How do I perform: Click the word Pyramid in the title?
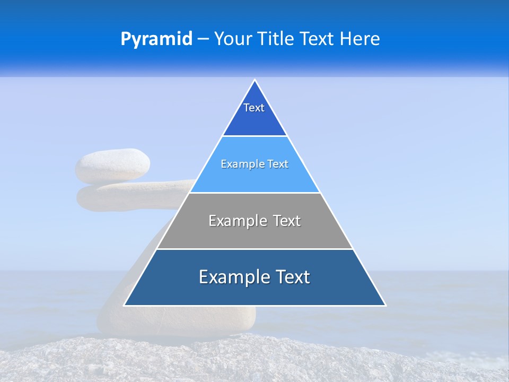pos(156,39)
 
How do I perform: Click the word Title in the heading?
pos(277,39)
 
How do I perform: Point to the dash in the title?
pos(203,39)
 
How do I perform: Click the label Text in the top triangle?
pos(254,108)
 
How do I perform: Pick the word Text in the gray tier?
pos(287,221)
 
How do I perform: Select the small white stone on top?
pos(112,166)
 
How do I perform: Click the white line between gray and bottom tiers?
pos(254,249)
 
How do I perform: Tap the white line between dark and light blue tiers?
pos(254,136)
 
